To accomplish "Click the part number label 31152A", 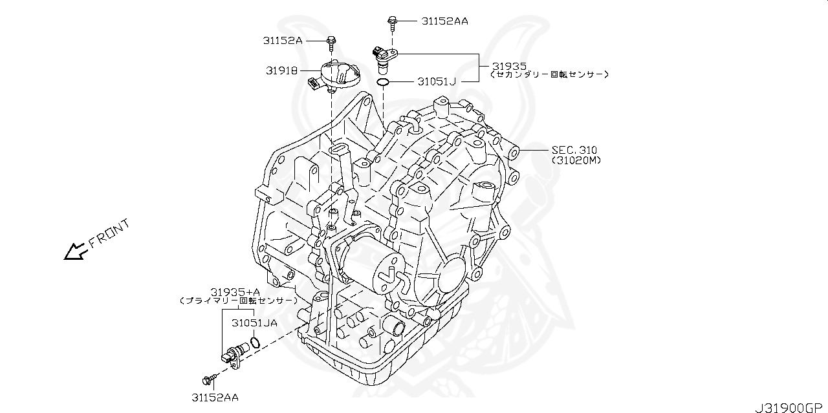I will tap(282, 40).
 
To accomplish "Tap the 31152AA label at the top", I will tap(444, 21).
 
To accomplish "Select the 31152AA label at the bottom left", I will tap(214, 397).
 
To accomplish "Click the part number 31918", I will tap(281, 70).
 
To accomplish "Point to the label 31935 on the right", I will tap(509, 66).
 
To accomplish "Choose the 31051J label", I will tap(437, 81).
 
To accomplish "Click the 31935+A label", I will tap(235, 291).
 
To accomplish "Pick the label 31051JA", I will tap(254, 322).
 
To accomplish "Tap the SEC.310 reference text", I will tap(574, 150).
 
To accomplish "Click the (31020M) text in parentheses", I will tap(576, 160).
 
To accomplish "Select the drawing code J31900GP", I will tap(790, 407).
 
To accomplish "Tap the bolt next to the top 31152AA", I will tap(392, 23).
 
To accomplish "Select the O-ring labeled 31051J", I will tap(383, 82).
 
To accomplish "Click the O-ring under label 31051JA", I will tap(256, 342).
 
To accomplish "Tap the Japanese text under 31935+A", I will tap(237, 301).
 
